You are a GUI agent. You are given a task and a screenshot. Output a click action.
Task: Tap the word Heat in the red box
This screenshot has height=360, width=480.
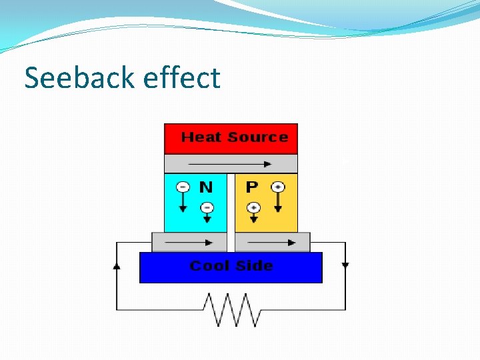(x=201, y=137)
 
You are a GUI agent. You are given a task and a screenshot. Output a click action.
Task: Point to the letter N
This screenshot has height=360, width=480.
(x=206, y=187)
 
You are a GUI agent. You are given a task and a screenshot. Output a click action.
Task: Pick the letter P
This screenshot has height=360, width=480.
(x=251, y=187)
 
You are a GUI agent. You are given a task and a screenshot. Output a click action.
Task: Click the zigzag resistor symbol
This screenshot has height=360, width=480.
(x=231, y=310)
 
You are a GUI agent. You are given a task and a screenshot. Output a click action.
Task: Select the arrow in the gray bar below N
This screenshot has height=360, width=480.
(x=191, y=242)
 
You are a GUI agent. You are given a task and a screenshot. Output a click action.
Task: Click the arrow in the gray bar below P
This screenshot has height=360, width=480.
(x=273, y=242)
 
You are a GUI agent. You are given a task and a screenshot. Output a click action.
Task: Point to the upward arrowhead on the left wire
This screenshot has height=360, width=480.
(x=117, y=265)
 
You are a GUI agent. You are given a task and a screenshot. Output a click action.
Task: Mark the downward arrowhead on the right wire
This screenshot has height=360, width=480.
(x=345, y=265)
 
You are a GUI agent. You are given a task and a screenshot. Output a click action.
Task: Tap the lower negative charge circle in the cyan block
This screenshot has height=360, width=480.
(x=207, y=208)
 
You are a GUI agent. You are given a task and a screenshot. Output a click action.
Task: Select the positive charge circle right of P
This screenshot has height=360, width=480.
(x=278, y=187)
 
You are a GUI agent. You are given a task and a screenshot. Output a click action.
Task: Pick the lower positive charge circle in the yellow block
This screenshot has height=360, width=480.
(x=253, y=208)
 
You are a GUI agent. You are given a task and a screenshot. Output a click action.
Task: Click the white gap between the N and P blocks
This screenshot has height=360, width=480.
(x=231, y=203)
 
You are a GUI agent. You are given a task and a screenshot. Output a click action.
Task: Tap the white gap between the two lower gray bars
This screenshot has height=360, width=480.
(x=231, y=242)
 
